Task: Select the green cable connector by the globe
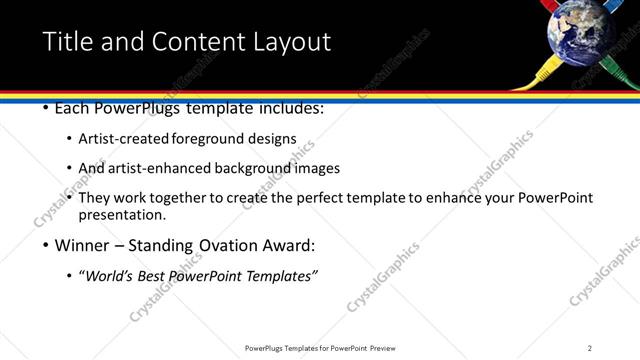click(x=618, y=71)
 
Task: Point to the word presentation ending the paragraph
click(x=121, y=215)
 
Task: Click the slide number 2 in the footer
click(x=589, y=348)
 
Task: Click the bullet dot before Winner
click(x=47, y=246)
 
